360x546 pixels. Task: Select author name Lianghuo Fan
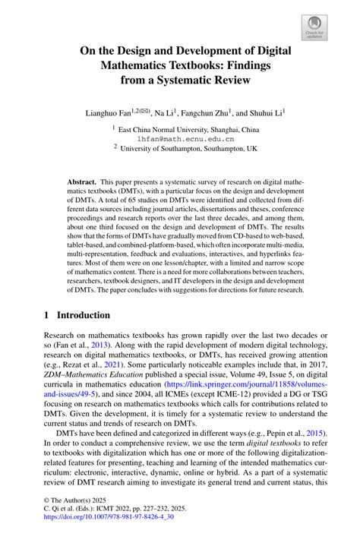click(x=112, y=112)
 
